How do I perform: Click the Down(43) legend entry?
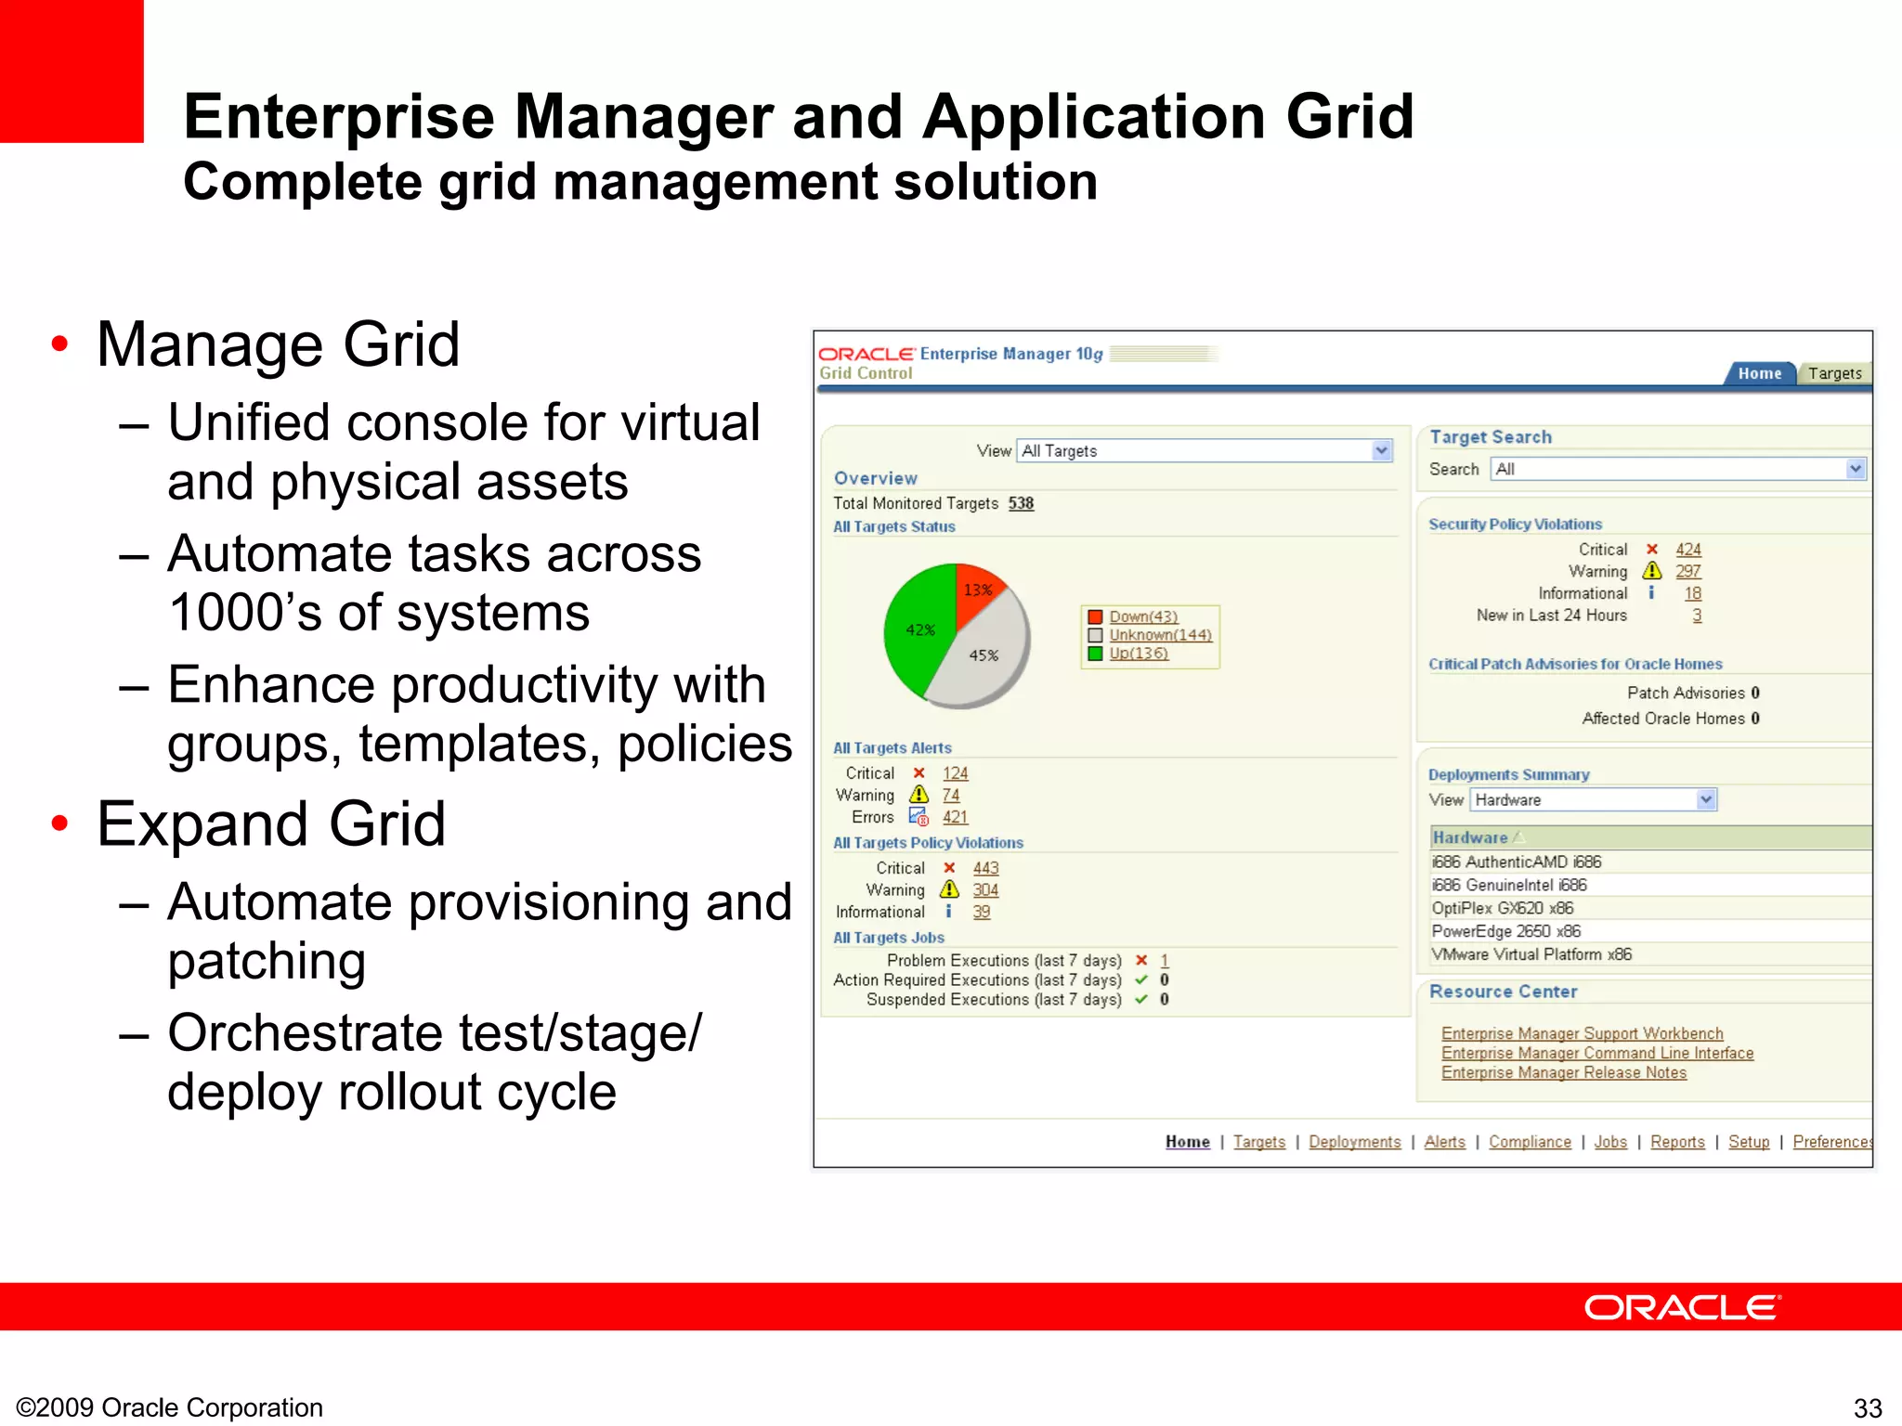1142,616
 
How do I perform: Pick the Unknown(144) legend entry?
1160,635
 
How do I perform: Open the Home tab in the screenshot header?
1759,373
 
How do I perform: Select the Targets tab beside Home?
1834,373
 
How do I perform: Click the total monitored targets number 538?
1021,503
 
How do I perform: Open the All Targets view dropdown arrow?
1382,450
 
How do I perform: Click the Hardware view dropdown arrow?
1706,799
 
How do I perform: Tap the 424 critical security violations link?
1687,550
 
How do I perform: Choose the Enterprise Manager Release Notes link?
1563,1072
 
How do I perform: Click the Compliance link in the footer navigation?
1530,1142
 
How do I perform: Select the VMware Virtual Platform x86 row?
1531,954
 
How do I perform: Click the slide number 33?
1867,1407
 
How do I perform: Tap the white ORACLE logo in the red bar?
1681,1307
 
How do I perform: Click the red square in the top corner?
72,71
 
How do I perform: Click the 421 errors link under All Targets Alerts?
955,817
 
